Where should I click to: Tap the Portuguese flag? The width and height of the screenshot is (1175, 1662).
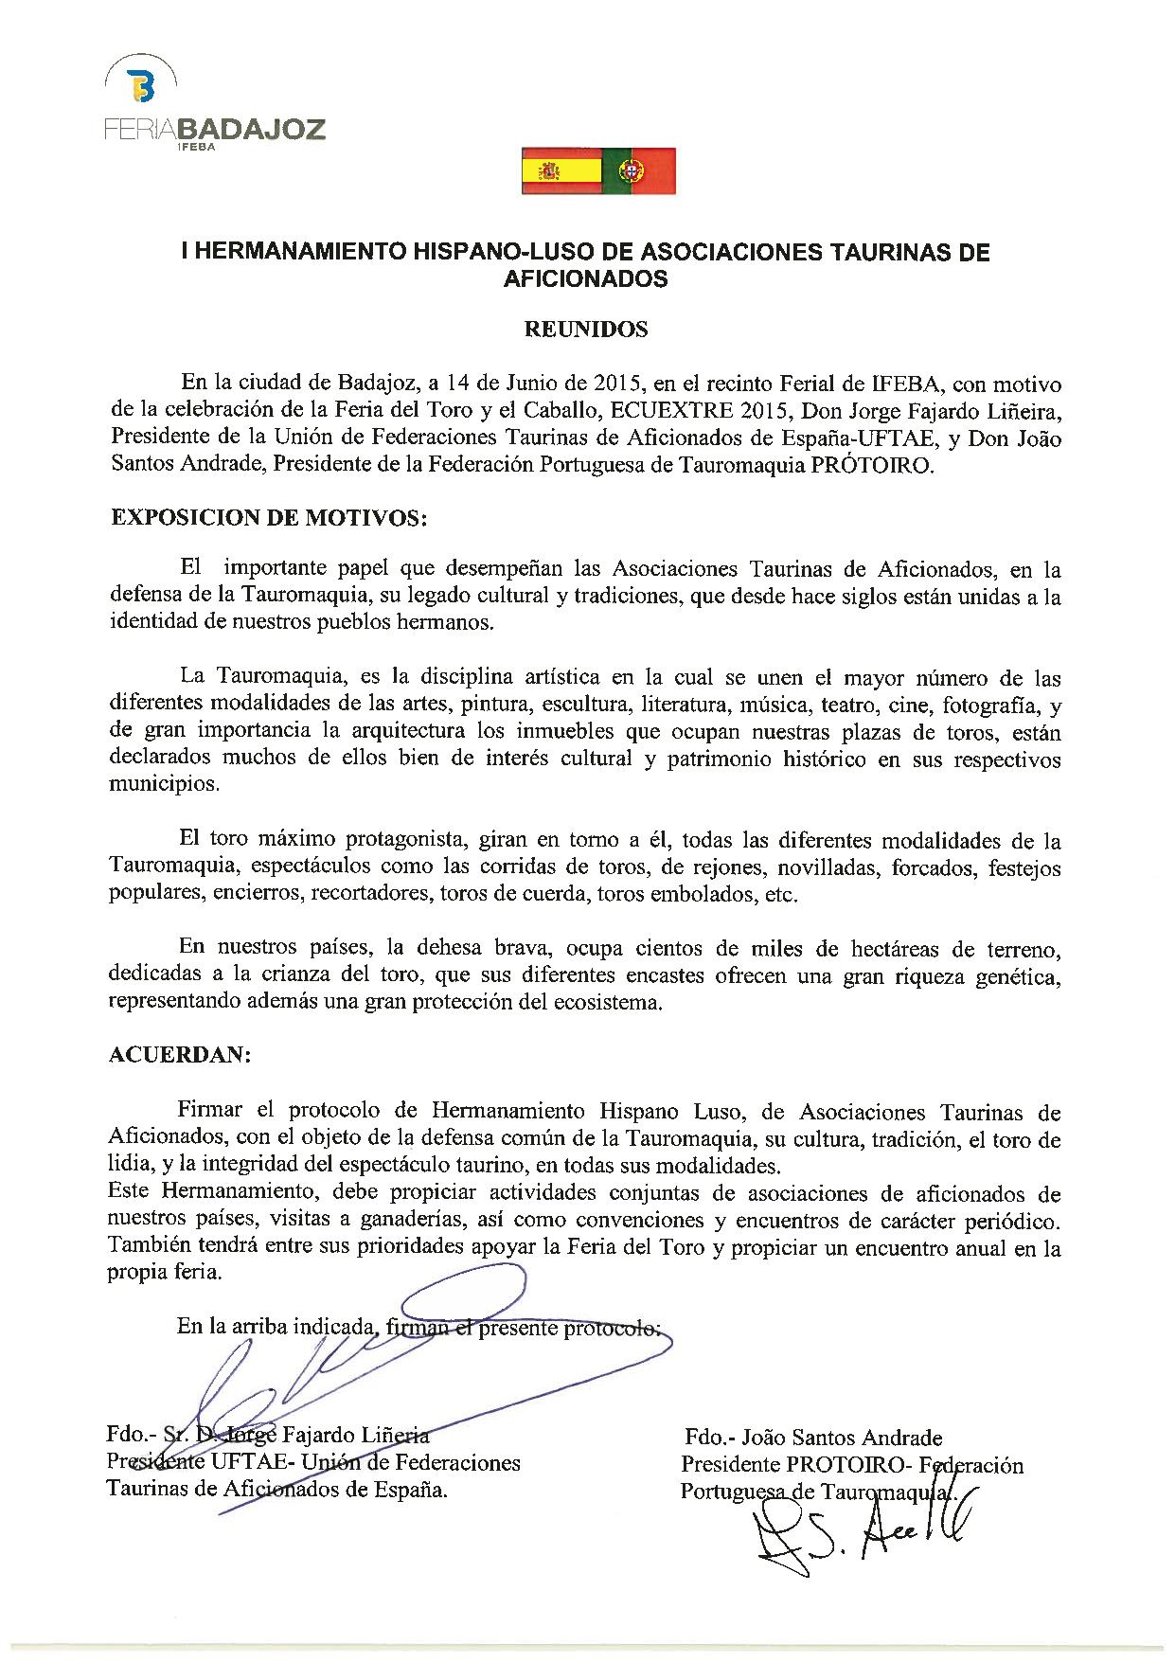click(639, 170)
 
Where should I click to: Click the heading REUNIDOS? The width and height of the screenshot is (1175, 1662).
click(586, 330)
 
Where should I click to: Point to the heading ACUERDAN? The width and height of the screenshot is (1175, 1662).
click(180, 1056)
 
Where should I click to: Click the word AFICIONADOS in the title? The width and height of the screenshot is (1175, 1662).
click(586, 279)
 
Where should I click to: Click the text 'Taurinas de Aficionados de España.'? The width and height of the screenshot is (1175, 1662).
click(278, 1490)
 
